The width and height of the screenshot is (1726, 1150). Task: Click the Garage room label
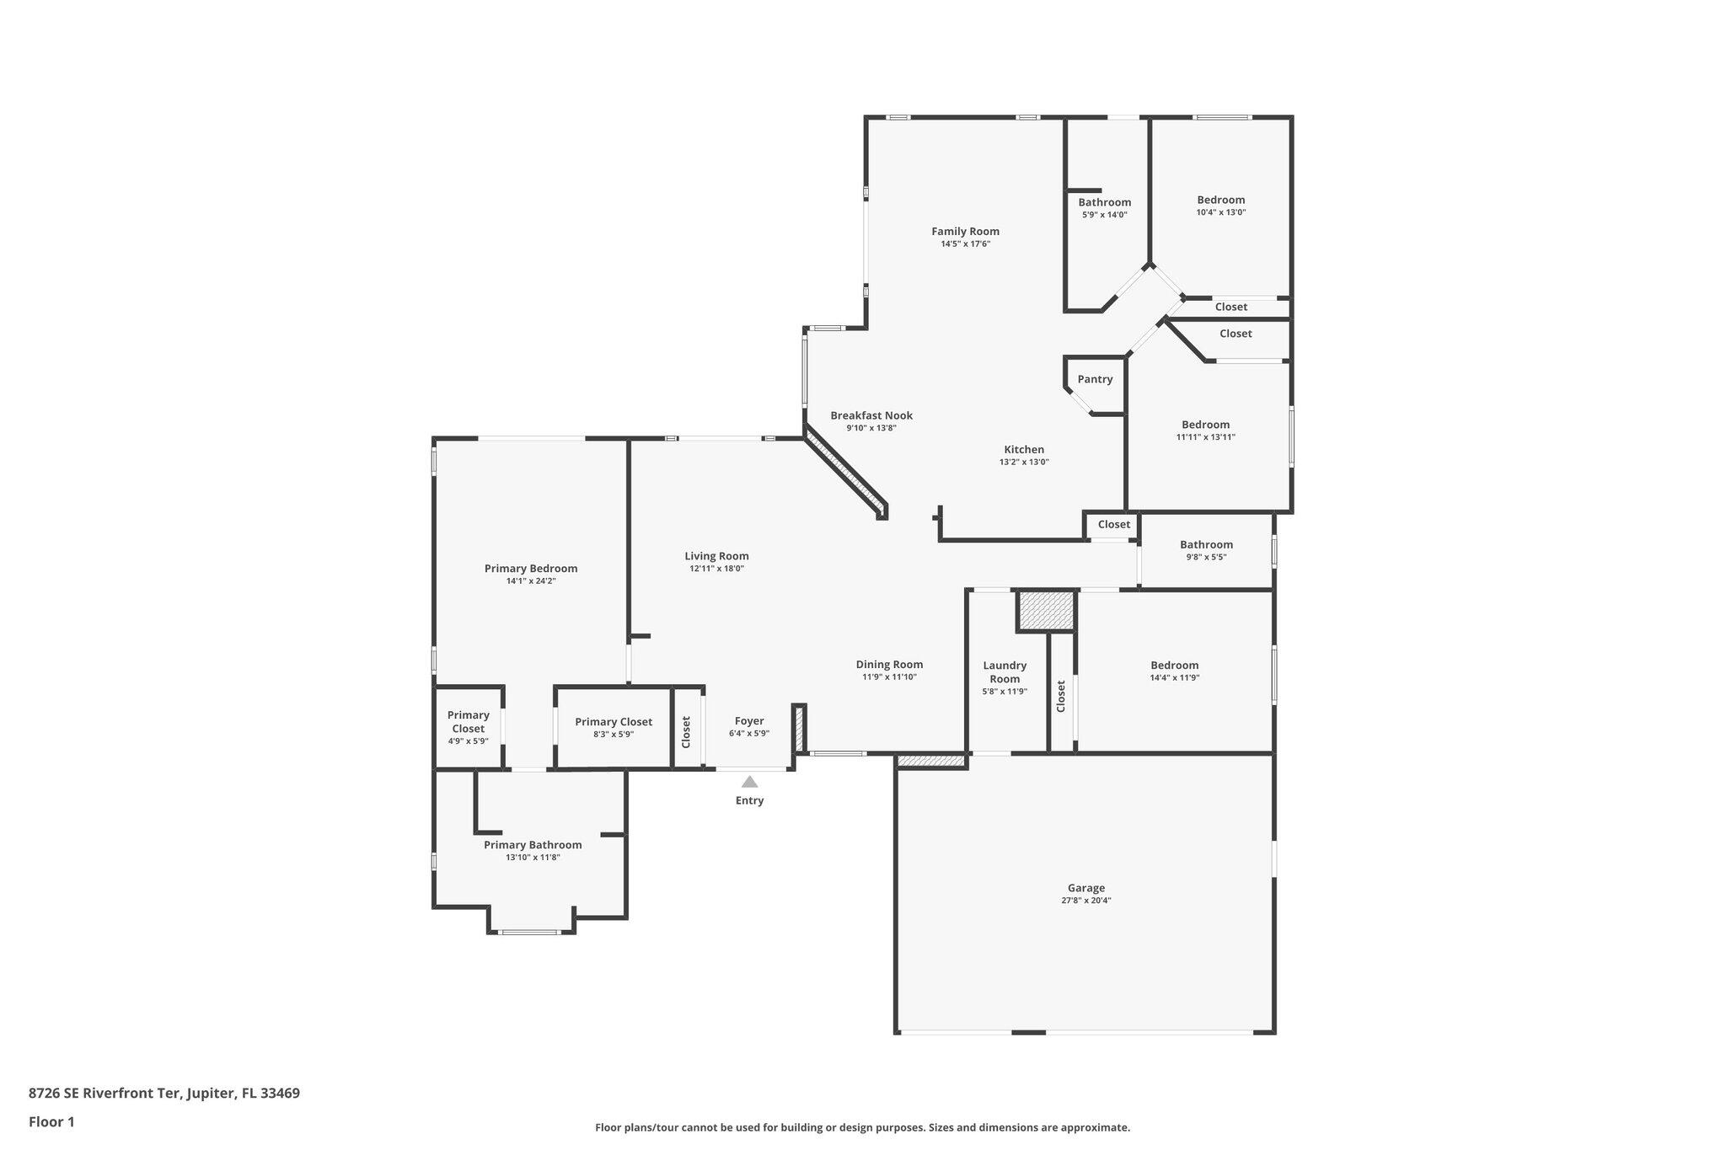1085,888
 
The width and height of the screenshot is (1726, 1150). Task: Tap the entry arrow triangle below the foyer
749,782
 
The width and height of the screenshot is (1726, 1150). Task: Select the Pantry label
1095,379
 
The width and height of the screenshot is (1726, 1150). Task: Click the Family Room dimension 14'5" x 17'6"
965,244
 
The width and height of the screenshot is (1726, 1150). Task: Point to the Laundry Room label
1005,671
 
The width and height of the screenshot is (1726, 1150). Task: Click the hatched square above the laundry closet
1046,611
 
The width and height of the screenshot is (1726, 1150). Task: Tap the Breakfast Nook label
871,415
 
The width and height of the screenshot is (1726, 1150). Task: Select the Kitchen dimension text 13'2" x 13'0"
1023,462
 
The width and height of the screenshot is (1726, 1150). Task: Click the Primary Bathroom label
533,845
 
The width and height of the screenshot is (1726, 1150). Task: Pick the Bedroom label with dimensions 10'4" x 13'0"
1220,200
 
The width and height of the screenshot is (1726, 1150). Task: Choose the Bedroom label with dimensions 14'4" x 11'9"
1174,666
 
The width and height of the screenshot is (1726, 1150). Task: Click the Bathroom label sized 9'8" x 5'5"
1206,544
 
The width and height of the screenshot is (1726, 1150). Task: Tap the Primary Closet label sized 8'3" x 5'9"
613,722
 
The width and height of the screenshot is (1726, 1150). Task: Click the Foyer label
748,721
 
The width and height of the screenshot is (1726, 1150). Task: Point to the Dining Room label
889,665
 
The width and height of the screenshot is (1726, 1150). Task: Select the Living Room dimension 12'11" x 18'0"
716,569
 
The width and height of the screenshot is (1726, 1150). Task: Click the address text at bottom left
163,1094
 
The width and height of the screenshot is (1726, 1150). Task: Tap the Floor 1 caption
51,1121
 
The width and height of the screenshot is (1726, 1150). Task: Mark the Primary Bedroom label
530,569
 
